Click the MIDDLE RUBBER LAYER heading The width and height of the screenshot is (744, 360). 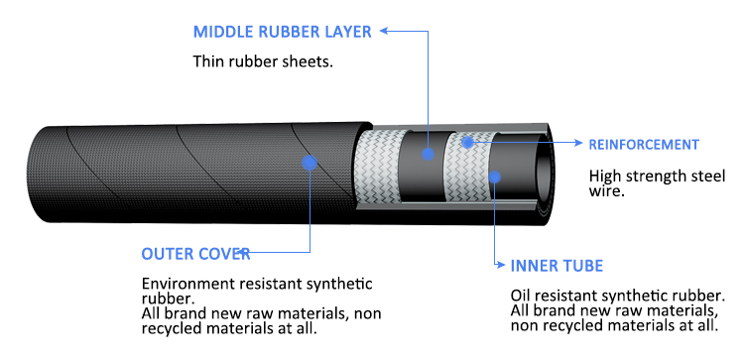click(282, 31)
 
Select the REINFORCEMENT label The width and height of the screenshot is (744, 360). click(644, 145)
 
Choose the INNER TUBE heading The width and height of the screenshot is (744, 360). click(557, 266)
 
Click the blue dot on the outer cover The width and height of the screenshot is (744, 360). click(310, 162)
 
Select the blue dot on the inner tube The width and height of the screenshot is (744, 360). click(495, 179)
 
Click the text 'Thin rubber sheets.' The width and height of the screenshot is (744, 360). click(262, 61)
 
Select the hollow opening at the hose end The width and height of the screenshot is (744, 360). click(536, 164)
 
